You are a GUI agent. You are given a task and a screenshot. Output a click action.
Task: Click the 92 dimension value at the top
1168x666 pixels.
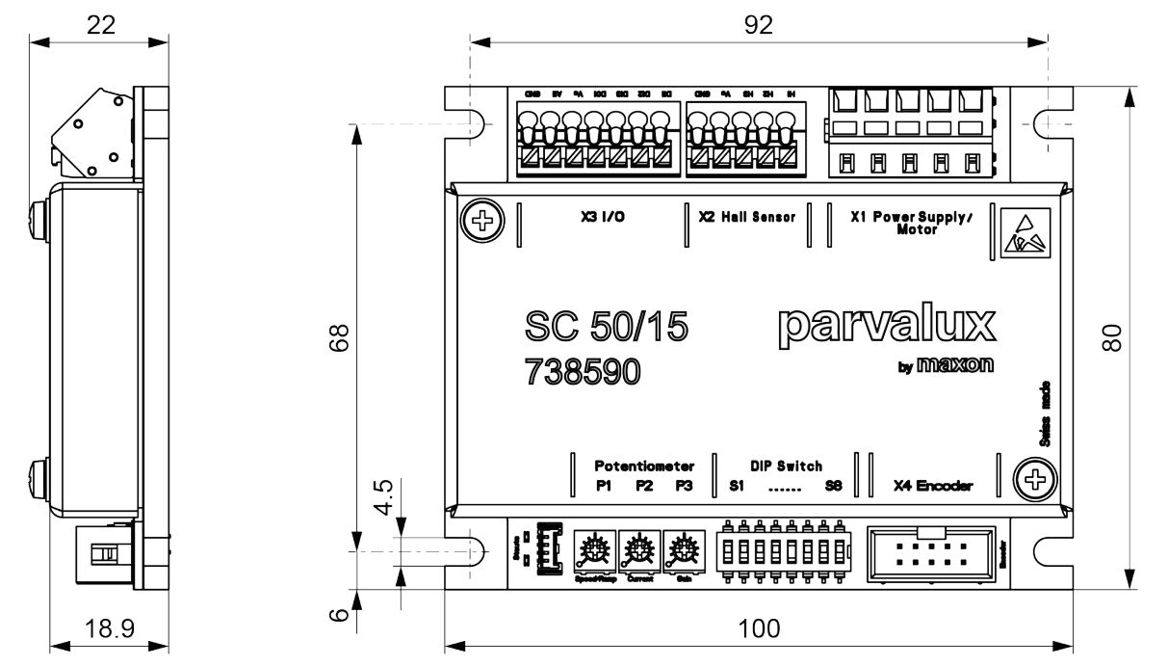(x=759, y=24)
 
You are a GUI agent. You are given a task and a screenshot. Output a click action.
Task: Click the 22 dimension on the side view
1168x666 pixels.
(x=99, y=24)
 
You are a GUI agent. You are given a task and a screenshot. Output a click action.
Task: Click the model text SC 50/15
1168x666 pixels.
(x=608, y=330)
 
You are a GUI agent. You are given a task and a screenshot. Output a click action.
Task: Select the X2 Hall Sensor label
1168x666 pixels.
(x=747, y=218)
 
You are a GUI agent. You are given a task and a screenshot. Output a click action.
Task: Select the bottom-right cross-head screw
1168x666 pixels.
(x=1034, y=479)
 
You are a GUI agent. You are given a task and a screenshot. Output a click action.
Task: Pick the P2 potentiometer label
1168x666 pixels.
(x=644, y=486)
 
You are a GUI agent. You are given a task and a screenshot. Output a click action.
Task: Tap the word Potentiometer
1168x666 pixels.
(x=643, y=465)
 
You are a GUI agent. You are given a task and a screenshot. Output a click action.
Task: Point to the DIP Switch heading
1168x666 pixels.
(x=786, y=465)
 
